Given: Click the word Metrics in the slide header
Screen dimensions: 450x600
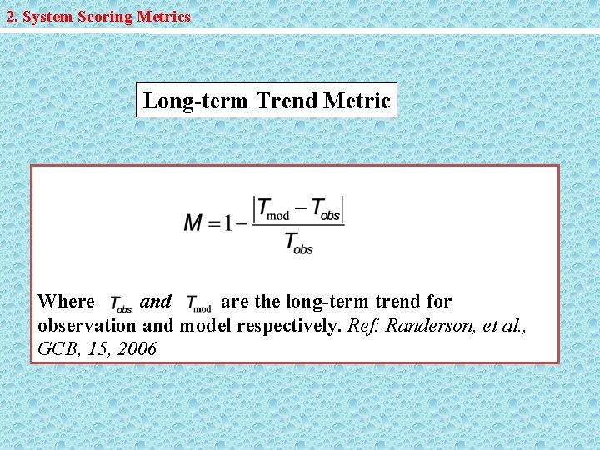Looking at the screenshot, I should [x=162, y=17].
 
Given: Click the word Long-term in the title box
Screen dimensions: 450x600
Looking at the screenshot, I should [x=196, y=102].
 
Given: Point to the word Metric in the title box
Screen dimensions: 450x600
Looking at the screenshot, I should [x=357, y=102].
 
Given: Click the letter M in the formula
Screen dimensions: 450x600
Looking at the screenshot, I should [x=194, y=222].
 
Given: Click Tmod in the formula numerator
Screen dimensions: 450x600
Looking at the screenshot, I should [x=273, y=209].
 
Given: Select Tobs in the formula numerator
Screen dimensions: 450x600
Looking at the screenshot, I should [x=326, y=209].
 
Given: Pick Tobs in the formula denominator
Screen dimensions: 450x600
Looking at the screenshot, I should [x=298, y=243].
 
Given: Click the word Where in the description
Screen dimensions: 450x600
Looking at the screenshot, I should [x=67, y=302].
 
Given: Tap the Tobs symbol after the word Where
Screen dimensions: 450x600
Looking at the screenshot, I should [x=120, y=304].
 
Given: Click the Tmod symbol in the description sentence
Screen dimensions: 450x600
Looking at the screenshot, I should [x=198, y=304].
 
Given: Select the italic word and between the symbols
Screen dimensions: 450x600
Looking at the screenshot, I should [x=156, y=302].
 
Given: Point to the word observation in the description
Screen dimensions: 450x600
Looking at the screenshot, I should [x=87, y=325].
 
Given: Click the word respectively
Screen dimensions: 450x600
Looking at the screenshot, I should [x=288, y=325].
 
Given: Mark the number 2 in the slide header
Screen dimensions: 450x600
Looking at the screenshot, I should [x=10, y=17].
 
